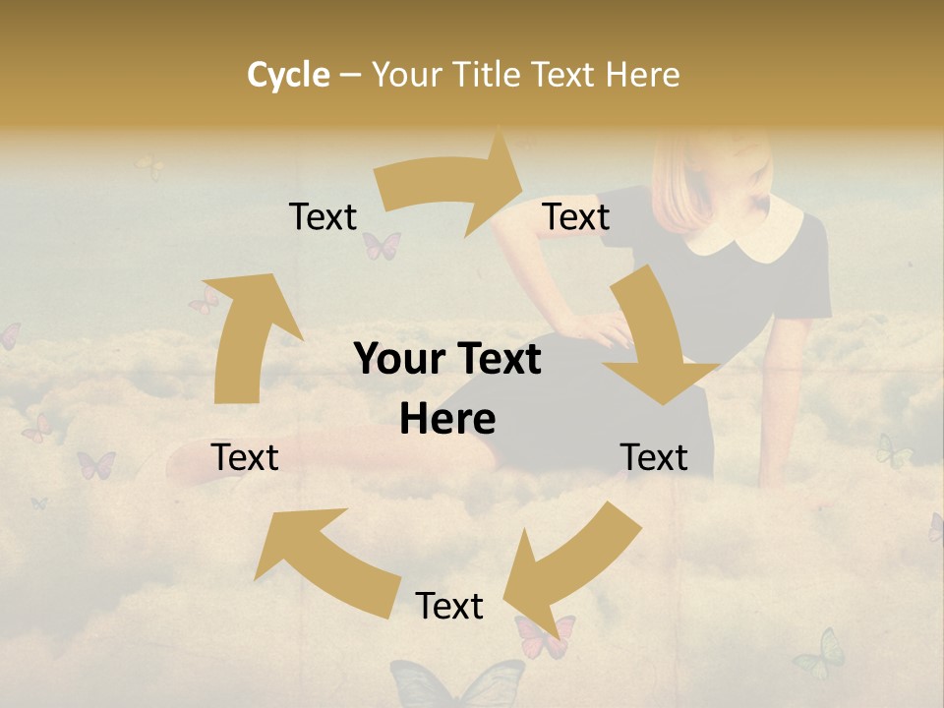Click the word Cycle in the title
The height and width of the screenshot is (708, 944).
pos(288,75)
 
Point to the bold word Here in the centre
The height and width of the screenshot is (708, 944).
pos(447,420)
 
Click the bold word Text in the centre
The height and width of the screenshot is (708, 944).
pos(496,360)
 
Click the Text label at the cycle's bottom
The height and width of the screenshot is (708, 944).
pos(448,606)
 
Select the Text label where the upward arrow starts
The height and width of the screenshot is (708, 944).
pos(245,457)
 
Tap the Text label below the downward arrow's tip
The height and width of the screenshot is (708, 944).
pos(654,457)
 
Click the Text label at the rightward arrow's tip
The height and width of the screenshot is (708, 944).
pos(576,216)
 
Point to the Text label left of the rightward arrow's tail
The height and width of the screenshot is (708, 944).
pos(323,216)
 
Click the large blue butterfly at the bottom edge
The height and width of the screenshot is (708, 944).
pos(458,683)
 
